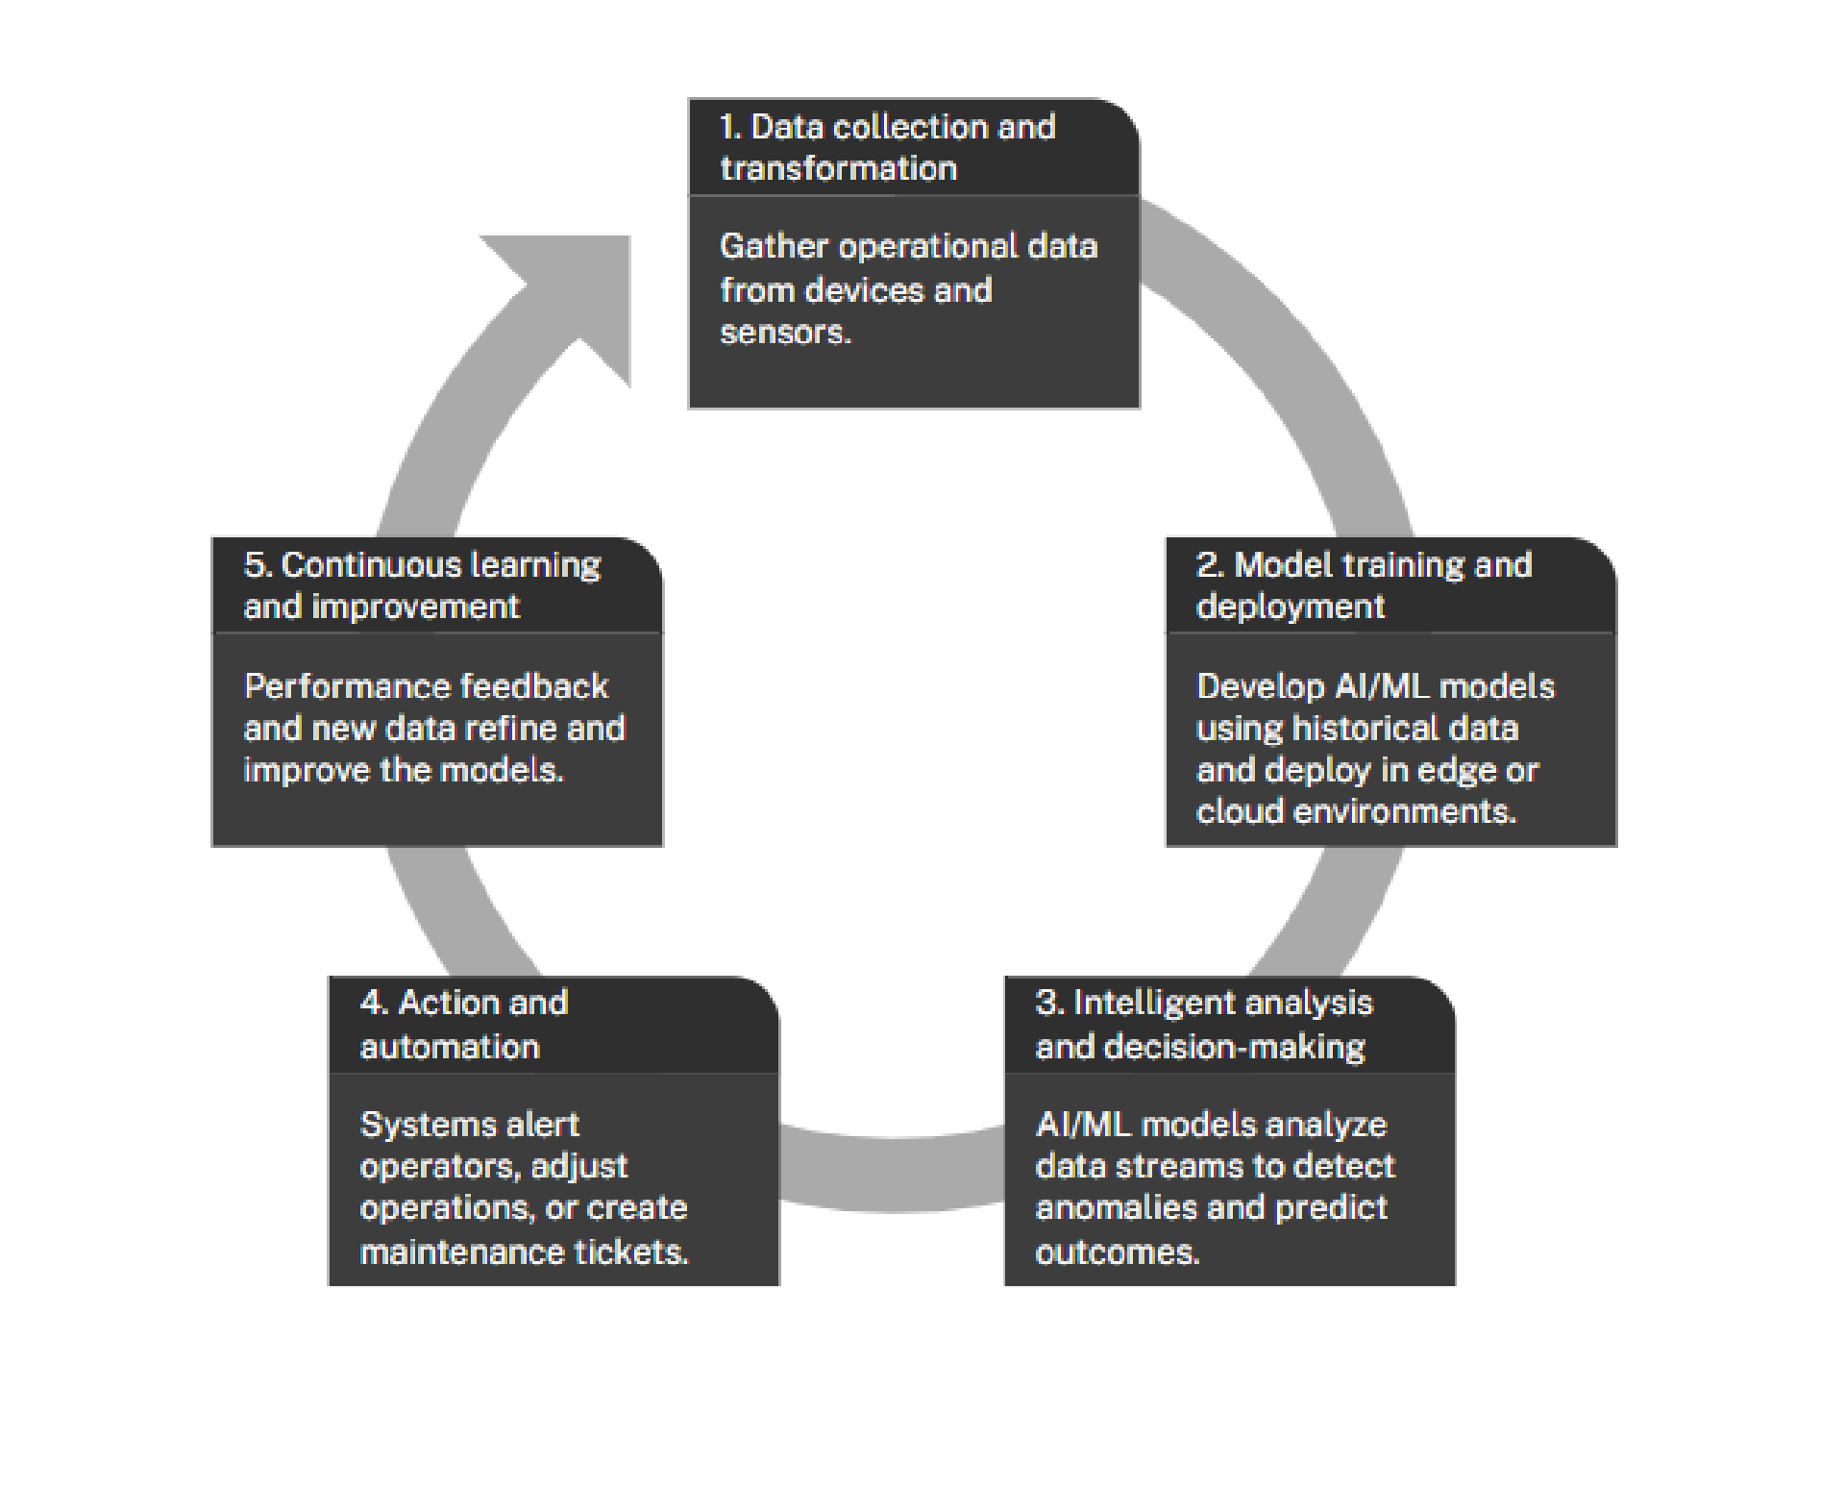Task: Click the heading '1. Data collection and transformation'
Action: pos(886,147)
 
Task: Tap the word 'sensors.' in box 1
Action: pos(785,333)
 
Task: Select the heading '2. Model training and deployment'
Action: pos(1363,584)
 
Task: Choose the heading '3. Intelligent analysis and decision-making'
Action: pos(1203,1024)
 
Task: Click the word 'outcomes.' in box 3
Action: pos(1117,1252)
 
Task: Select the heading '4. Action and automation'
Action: pos(463,1024)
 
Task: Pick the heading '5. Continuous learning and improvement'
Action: pos(421,584)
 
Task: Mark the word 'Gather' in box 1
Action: pos(773,246)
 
